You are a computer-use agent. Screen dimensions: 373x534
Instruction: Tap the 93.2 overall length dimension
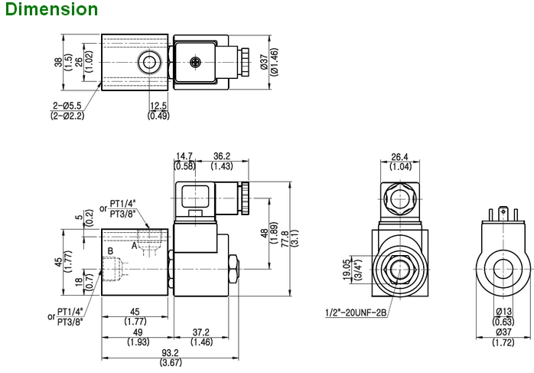click(170, 352)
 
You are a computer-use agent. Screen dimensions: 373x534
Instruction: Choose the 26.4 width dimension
click(399, 157)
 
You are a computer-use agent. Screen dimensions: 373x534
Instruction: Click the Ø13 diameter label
click(502, 312)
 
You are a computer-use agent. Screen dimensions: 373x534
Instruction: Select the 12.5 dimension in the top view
click(158, 106)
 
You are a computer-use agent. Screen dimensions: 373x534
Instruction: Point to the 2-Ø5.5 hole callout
click(68, 106)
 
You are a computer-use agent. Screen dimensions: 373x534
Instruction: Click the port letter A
click(135, 246)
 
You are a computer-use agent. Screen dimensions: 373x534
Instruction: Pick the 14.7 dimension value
click(184, 156)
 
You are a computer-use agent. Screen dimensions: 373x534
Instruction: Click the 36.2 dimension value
click(222, 156)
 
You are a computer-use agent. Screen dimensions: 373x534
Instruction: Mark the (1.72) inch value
click(502, 342)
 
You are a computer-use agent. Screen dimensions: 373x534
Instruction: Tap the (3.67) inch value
click(170, 362)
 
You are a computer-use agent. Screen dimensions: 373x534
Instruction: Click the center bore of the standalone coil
click(502, 270)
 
